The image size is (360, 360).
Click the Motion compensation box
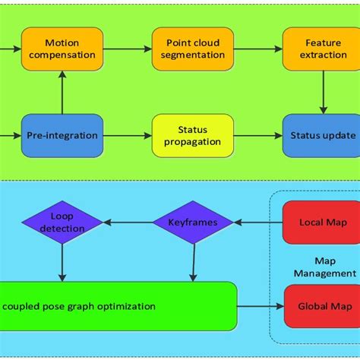click(62, 49)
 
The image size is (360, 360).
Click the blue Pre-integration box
click(62, 136)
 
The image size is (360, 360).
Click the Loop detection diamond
click(62, 222)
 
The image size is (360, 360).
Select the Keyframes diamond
click(193, 222)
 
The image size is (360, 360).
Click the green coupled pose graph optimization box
click(114, 306)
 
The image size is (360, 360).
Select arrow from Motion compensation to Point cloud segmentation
click(127, 49)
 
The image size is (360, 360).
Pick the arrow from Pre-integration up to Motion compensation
click(62, 93)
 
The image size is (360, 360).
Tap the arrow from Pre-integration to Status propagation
click(127, 136)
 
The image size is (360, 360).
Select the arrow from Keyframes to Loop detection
click(127, 223)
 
